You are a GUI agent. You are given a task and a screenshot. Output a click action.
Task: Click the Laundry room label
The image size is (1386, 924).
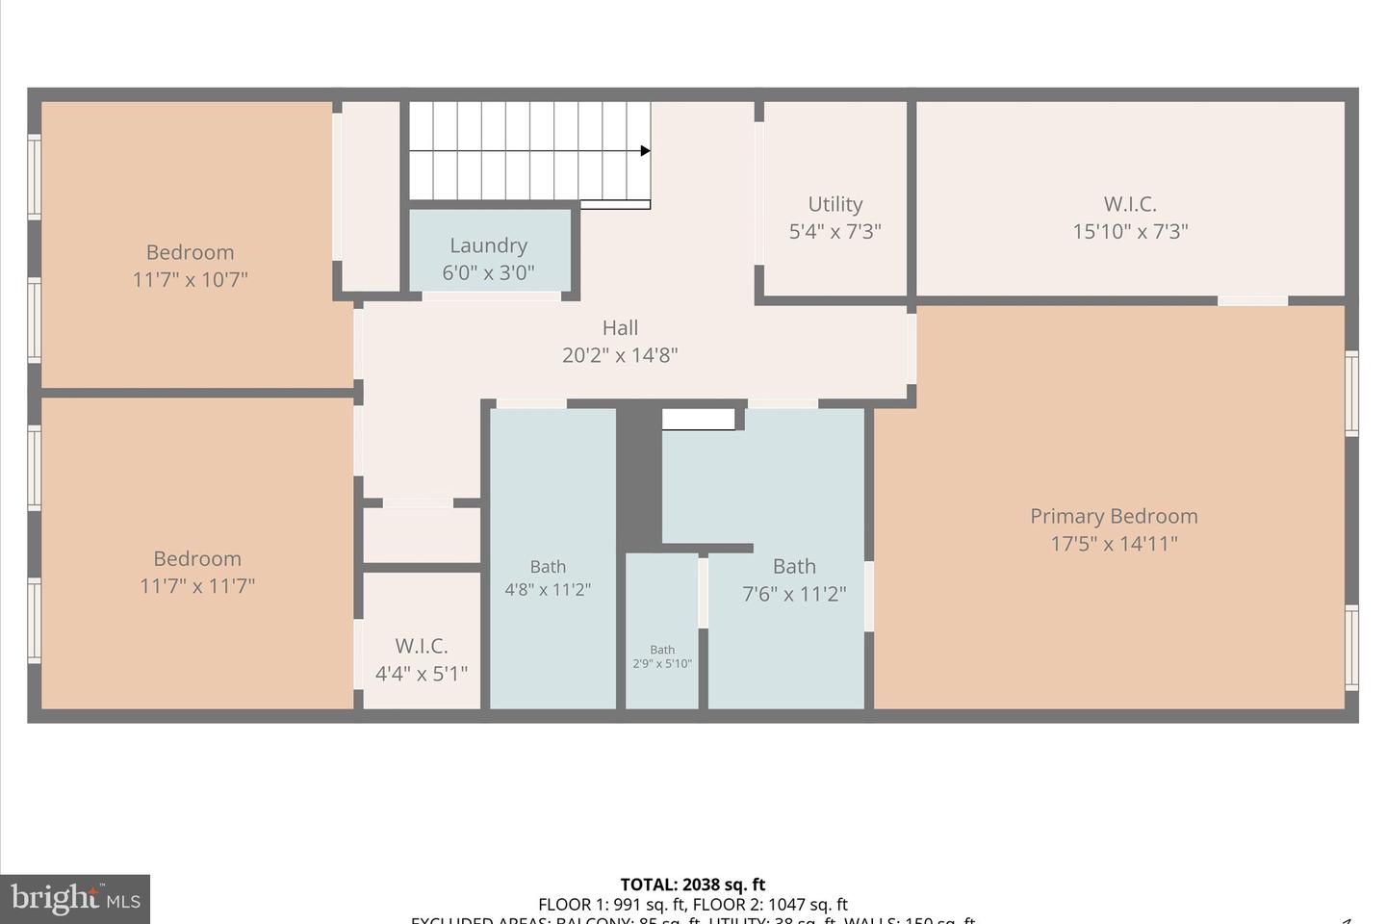[488, 245]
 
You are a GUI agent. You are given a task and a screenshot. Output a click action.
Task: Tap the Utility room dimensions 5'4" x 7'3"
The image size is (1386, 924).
[834, 231]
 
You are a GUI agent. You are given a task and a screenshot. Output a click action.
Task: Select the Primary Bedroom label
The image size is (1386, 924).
[1114, 516]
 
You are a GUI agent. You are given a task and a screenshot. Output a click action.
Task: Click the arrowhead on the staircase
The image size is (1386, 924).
[646, 151]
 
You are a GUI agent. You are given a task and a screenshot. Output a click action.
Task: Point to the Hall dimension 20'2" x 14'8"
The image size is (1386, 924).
[620, 355]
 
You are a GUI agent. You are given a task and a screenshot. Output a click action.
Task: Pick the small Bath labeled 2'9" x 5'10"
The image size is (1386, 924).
[662, 656]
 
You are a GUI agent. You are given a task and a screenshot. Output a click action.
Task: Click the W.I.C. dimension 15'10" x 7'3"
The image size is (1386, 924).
[1130, 231]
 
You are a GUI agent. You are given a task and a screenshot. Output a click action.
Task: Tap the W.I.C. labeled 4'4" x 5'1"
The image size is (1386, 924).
[422, 659]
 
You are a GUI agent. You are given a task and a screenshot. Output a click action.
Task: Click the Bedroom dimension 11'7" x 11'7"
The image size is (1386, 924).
[197, 585]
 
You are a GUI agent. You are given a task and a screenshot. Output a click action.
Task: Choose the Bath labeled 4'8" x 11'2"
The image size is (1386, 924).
[548, 577]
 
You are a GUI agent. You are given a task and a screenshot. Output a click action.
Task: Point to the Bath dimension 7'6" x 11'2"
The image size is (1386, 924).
[794, 594]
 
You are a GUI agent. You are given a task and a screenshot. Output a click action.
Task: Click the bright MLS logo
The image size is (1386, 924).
[75, 900]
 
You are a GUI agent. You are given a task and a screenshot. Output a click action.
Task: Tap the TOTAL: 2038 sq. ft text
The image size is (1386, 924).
[693, 885]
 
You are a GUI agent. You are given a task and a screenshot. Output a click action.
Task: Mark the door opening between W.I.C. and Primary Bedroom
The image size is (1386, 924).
[1252, 301]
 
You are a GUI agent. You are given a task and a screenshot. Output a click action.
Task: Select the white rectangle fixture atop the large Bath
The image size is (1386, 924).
[699, 419]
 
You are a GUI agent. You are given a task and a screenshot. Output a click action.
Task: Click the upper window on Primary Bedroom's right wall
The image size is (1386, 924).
[1351, 393]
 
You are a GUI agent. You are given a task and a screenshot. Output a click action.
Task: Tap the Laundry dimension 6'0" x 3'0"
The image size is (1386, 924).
[488, 273]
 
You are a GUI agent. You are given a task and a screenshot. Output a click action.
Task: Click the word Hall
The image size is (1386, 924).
[620, 328]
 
